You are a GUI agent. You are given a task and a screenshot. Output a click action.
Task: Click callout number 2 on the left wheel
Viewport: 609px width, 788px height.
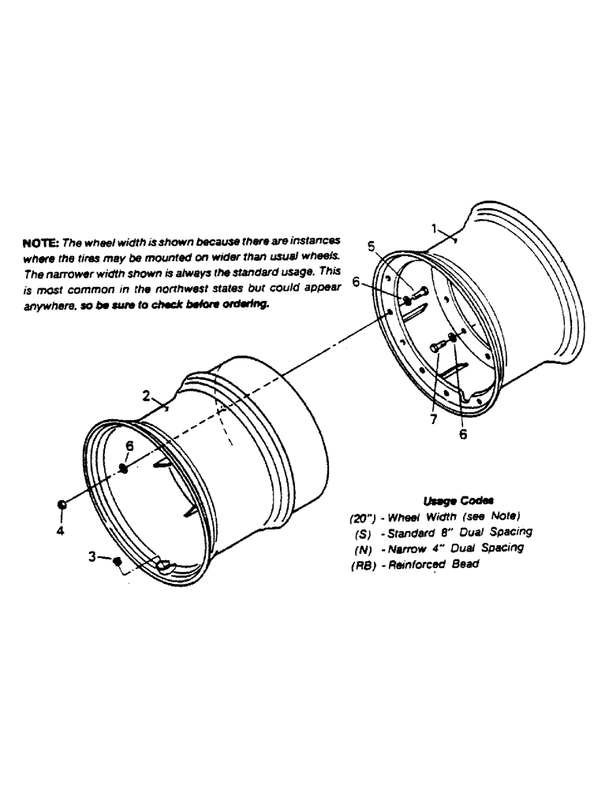click(148, 395)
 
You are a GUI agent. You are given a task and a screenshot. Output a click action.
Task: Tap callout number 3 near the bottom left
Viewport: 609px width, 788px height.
click(93, 556)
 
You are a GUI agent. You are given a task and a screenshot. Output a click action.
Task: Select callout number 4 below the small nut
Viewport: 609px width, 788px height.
click(61, 530)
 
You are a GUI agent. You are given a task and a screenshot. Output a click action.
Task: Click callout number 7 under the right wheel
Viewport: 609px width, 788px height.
click(433, 419)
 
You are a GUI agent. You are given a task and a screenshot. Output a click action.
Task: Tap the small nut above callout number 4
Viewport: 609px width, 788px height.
click(61, 504)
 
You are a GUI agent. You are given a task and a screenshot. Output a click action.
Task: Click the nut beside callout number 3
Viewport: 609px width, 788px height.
click(117, 560)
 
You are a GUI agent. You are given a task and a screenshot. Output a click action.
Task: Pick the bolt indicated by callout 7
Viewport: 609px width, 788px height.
click(438, 346)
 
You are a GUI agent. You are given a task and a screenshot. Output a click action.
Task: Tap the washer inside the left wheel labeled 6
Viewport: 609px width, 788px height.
click(125, 468)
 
